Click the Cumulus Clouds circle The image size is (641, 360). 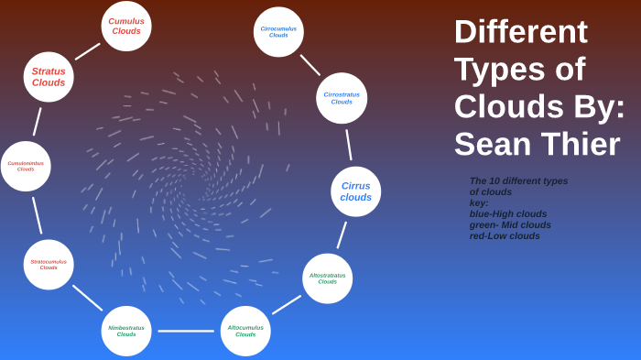126,26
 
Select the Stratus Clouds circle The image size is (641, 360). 49,77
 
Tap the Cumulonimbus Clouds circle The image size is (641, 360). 26,166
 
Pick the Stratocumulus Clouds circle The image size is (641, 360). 49,265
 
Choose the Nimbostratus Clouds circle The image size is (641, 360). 126,331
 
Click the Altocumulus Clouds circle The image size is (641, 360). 245,331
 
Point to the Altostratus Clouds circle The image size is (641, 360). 327,278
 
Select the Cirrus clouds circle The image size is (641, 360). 355,191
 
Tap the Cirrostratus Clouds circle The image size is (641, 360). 342,98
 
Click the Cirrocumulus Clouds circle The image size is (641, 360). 278,32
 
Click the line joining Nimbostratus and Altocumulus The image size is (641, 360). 186,331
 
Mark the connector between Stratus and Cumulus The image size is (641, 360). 87,51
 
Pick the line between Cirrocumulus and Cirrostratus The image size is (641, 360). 310,65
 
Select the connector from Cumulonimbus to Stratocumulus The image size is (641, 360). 37,215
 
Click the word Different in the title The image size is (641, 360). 520,32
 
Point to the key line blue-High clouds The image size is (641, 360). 507,213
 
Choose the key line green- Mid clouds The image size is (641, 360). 510,224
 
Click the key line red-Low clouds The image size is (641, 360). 505,235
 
